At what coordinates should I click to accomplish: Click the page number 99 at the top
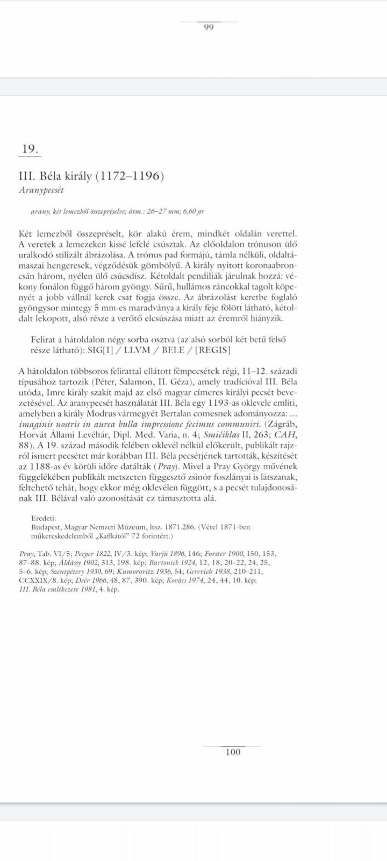(x=209, y=28)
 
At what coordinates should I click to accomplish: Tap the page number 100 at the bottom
(x=233, y=752)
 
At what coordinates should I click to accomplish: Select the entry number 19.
(x=30, y=149)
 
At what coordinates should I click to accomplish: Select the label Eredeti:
(x=43, y=518)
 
